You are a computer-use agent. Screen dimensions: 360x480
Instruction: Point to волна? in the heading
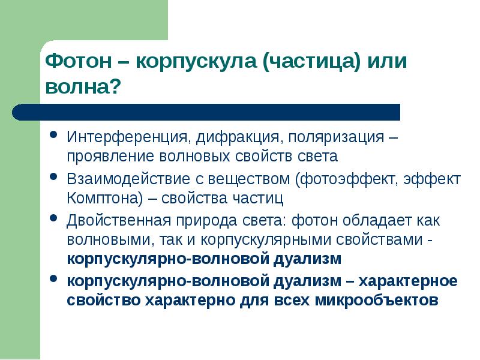click(84, 87)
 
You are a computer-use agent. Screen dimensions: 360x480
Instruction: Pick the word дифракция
click(238, 137)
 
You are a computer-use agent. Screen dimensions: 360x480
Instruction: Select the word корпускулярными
click(274, 240)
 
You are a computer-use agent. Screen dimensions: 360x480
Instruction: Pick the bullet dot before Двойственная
click(54, 218)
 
